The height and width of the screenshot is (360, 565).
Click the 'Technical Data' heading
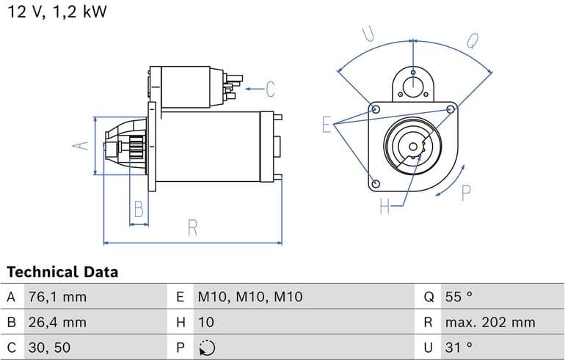pyautogui.click(x=62, y=272)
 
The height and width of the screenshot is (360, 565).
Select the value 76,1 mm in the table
pyautogui.click(x=56, y=297)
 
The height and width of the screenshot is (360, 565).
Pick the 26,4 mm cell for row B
pyautogui.click(x=56, y=322)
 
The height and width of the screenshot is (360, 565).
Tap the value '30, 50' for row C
pyautogui.click(x=50, y=347)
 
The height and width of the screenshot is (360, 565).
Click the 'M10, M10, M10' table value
pyautogui.click(x=249, y=297)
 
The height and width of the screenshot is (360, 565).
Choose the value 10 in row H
pyautogui.click(x=205, y=322)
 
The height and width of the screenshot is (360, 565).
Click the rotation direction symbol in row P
pyautogui.click(x=207, y=347)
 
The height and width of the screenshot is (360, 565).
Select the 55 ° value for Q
pyautogui.click(x=459, y=297)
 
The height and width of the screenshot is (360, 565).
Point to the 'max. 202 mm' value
pyautogui.click(x=490, y=322)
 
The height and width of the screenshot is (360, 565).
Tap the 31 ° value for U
pyautogui.click(x=459, y=347)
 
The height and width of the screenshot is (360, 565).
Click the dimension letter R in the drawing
pyautogui.click(x=193, y=228)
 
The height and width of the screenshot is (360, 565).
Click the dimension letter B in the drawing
pyautogui.click(x=138, y=211)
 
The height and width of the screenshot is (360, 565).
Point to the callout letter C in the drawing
pyautogui.click(x=270, y=89)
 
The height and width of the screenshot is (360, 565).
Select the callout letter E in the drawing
pyautogui.click(x=327, y=125)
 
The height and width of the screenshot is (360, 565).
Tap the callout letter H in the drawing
pyautogui.click(x=384, y=207)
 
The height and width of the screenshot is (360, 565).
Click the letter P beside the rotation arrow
pyautogui.click(x=466, y=193)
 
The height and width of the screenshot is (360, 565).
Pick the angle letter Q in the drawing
pyautogui.click(x=472, y=40)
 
